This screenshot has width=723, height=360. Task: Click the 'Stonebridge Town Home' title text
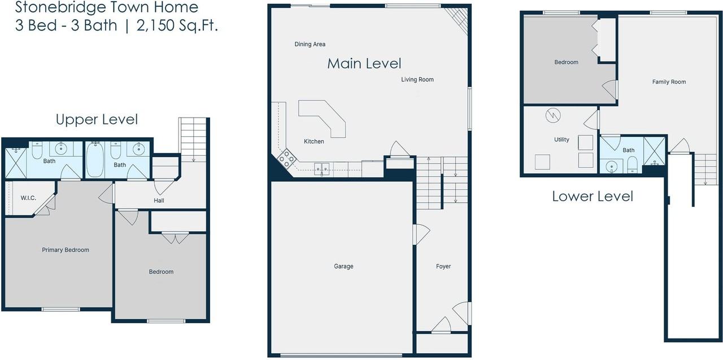[107, 8]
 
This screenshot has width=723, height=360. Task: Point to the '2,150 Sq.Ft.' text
[177, 26]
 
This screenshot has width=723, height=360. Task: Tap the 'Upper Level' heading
[97, 120]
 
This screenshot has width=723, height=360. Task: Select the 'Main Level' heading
[364, 64]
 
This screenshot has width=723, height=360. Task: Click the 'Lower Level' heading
[593, 197]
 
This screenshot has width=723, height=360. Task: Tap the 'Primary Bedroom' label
[66, 250]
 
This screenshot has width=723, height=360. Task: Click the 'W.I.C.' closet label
[29, 198]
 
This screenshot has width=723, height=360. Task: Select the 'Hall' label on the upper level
[159, 201]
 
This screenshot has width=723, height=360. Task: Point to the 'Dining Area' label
[310, 44]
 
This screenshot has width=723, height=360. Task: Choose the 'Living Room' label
[417, 80]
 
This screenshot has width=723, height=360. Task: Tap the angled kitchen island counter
[324, 118]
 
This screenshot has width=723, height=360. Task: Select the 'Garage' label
[343, 266]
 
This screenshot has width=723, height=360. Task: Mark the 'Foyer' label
[443, 266]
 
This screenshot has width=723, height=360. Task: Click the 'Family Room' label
[669, 82]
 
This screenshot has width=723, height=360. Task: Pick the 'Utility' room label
[561, 140]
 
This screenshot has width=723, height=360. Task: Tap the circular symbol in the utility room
[552, 116]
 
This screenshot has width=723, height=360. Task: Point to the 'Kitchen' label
[314, 141]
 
